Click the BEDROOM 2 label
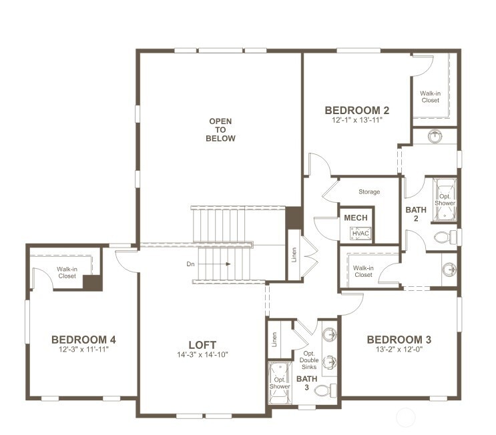(357, 110)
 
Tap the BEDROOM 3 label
(399, 340)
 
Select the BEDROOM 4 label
(83, 340)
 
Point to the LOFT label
(202, 345)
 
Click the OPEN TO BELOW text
(220, 130)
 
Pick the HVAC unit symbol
(360, 234)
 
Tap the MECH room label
(356, 217)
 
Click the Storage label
(369, 191)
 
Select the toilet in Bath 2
(445, 237)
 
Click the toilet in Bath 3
(325, 390)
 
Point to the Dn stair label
(190, 264)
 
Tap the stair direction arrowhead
(228, 264)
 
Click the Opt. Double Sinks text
(308, 360)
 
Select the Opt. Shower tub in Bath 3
(280, 383)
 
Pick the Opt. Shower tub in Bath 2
(445, 199)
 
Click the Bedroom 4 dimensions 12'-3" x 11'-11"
(83, 350)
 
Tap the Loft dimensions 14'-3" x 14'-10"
(202, 355)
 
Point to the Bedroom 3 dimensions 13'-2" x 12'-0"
(399, 350)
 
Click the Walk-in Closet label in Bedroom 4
(67, 272)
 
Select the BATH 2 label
(416, 214)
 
